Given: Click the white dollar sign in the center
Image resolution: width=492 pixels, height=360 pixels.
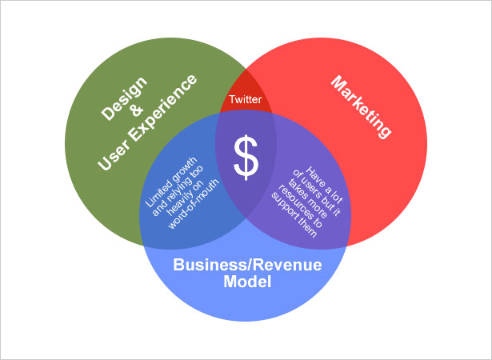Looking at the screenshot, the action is (246, 158).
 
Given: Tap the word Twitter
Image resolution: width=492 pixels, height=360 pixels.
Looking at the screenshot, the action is (245, 99).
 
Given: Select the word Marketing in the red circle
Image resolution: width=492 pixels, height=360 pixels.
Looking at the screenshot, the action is (361, 107).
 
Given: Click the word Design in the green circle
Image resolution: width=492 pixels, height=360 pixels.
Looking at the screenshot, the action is (124, 98).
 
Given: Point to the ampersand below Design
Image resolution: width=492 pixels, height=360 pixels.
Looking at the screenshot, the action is (137, 110).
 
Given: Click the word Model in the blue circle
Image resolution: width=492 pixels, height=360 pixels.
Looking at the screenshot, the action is (247, 282).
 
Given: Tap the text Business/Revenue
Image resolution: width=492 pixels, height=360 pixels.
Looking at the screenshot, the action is (247, 265).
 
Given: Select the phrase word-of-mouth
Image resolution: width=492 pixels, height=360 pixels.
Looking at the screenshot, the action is (194, 204).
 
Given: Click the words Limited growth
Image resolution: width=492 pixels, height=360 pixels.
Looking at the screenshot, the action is (171, 182).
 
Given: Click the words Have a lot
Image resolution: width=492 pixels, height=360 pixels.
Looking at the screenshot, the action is (325, 185).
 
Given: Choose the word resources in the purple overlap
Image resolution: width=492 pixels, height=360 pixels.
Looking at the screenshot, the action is (301, 206).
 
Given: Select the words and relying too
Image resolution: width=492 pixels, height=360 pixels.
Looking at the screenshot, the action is (178, 190).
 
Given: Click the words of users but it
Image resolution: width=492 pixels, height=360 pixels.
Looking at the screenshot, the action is (317, 193).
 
